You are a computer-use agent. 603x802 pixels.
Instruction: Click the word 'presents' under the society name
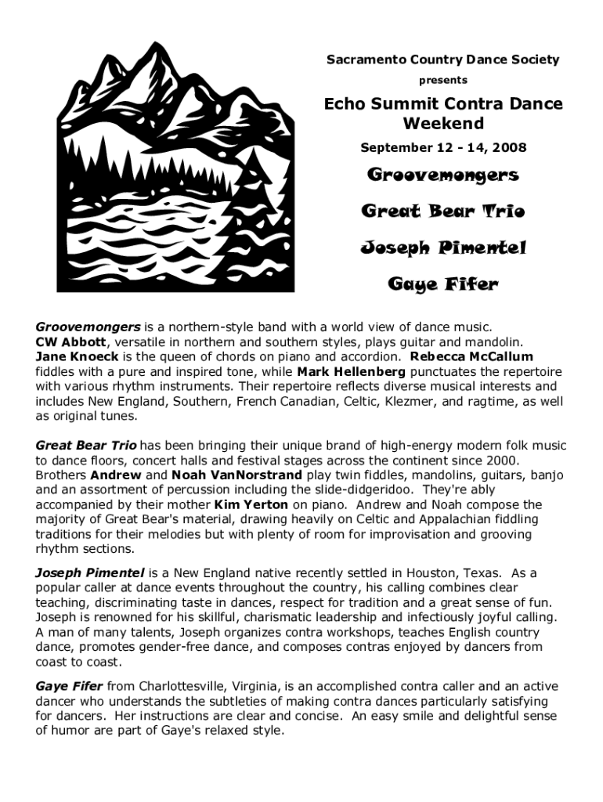click(x=443, y=80)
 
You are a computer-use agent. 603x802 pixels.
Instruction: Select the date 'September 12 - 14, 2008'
click(x=443, y=147)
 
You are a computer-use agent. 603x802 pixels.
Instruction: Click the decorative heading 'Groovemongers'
click(x=443, y=175)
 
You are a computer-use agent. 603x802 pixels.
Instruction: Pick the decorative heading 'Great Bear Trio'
click(x=443, y=211)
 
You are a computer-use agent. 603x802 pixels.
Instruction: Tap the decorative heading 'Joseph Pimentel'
click(x=443, y=248)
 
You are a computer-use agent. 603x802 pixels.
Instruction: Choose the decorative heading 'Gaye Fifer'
click(x=443, y=284)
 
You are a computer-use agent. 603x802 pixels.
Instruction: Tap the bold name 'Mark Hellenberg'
click(x=352, y=370)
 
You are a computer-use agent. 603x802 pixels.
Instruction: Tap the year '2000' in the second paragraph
click(x=498, y=461)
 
